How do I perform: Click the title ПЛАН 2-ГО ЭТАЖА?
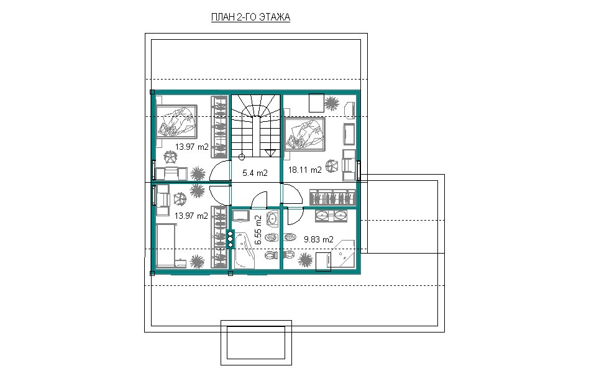click(250, 17)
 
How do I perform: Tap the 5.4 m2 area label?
click(255, 173)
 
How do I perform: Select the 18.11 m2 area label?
click(304, 170)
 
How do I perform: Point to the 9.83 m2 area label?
click(319, 239)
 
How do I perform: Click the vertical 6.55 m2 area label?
click(258, 230)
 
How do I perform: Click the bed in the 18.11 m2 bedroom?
click(304, 134)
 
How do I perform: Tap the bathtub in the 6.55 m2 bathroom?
click(244, 250)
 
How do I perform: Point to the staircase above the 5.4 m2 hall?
click(255, 126)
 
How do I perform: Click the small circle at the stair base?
click(242, 157)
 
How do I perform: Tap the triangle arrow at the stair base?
click(270, 152)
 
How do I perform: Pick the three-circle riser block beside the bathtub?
click(231, 239)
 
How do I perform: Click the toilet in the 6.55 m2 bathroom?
click(272, 255)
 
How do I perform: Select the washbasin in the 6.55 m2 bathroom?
click(272, 218)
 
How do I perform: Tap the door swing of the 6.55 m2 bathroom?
click(259, 199)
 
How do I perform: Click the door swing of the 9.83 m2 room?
click(293, 215)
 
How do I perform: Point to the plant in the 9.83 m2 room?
click(305, 260)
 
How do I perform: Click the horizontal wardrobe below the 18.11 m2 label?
click(332, 197)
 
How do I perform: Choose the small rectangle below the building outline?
click(256, 342)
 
